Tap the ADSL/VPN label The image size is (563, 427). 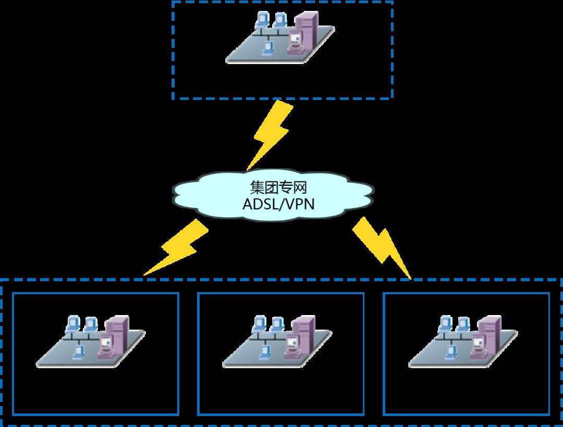tap(278, 203)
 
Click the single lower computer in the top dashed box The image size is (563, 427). tap(267, 48)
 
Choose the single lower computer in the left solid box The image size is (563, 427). tap(78, 352)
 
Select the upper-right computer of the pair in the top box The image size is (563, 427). tap(279, 20)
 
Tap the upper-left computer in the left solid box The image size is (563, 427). tap(71, 323)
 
